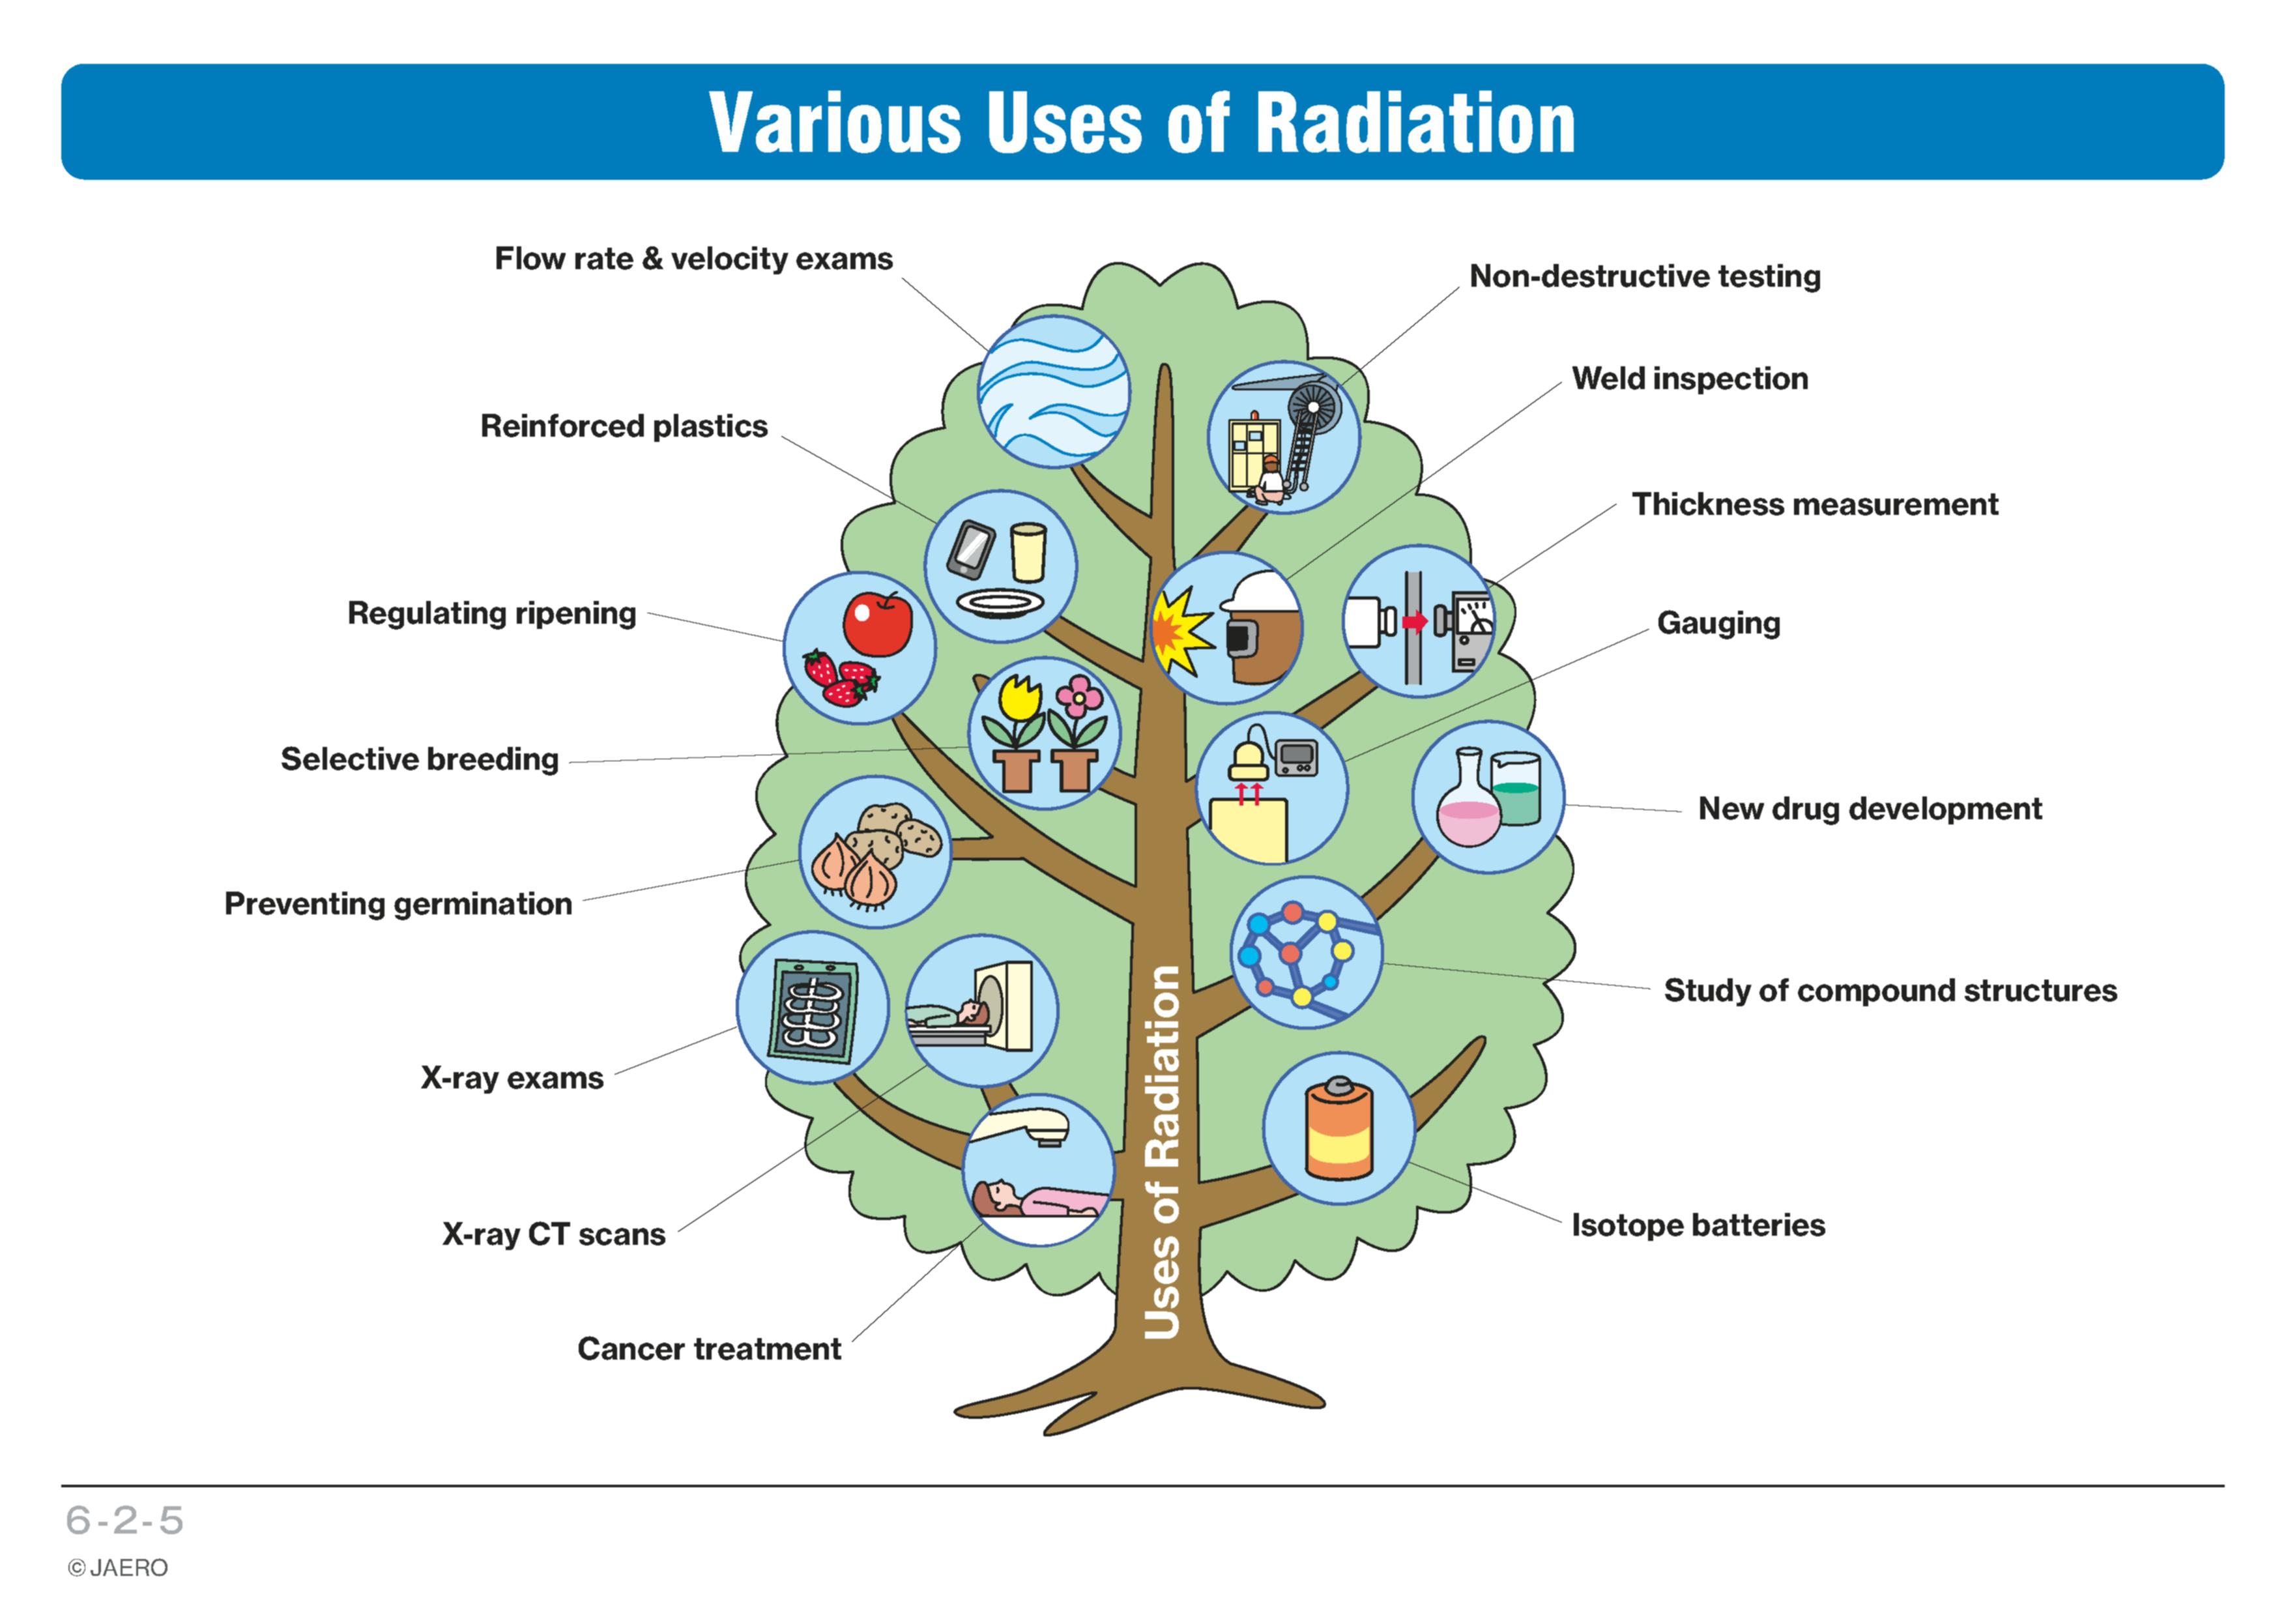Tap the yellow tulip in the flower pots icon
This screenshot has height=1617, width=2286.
click(1020, 697)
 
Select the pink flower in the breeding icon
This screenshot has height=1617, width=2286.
click(1078, 697)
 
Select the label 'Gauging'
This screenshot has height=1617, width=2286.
click(1718, 623)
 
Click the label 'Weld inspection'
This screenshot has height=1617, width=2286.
click(1690, 379)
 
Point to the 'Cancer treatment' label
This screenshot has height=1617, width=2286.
click(709, 1349)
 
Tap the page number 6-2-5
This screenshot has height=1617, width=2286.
click(124, 1521)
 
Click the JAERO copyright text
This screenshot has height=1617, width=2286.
click(117, 1568)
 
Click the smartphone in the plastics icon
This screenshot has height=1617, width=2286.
click(970, 549)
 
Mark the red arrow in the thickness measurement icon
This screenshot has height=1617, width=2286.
click(1415, 622)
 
